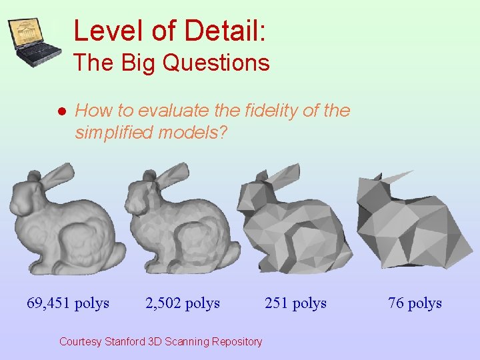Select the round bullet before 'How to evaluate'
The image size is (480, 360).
(x=61, y=111)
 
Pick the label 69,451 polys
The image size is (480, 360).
(x=68, y=303)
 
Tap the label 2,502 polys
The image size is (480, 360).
(x=183, y=303)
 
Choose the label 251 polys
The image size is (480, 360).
(x=295, y=303)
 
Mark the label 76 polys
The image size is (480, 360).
(x=415, y=303)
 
